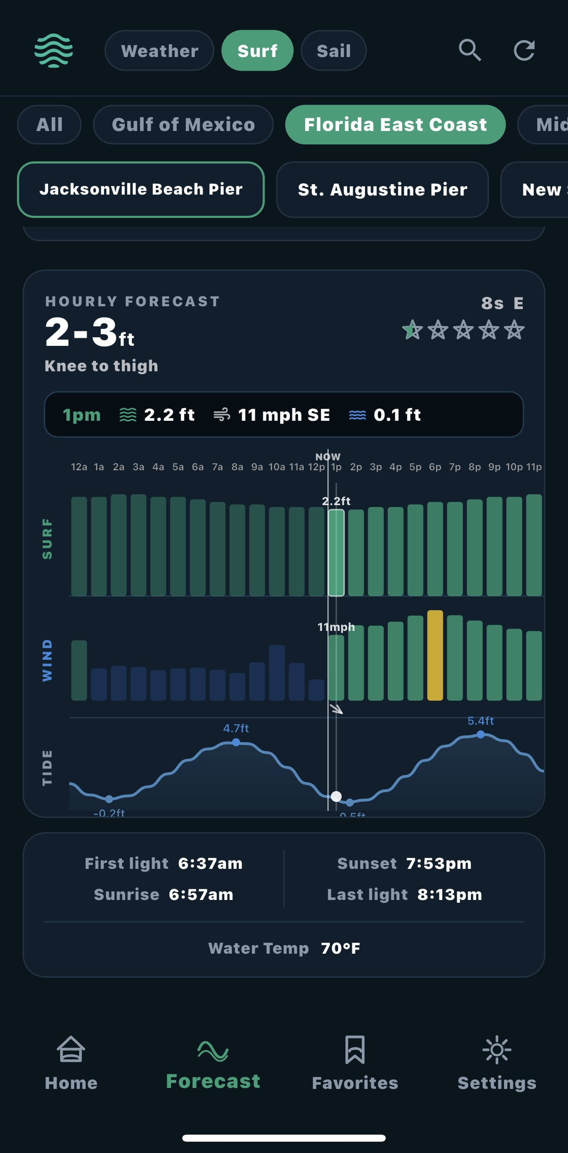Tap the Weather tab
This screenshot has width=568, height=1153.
159,51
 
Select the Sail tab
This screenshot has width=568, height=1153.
333,51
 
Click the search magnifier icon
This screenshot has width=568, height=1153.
470,50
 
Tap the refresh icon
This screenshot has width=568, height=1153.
524,50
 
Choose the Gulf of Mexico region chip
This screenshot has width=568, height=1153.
183,125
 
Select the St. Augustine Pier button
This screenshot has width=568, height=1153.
382,189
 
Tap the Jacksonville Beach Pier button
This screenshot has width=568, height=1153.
141,189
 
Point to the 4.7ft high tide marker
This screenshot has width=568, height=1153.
236,742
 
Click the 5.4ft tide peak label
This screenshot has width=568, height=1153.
480,721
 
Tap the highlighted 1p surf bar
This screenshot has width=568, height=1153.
336,553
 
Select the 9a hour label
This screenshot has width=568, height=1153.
257,467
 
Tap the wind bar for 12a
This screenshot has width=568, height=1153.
79,670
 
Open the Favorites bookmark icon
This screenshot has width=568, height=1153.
355,1049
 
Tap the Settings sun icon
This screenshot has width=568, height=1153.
497,1049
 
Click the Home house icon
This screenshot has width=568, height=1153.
71,1049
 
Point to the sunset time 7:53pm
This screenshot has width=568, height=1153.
438,863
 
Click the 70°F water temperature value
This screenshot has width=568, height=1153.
341,948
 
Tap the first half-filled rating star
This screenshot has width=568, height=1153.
413,329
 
